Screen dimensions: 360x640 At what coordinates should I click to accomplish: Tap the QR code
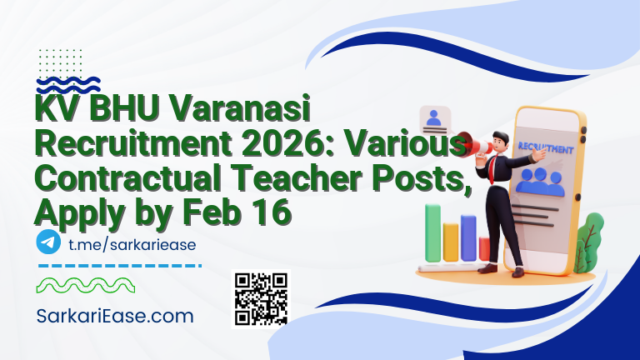click(260, 298)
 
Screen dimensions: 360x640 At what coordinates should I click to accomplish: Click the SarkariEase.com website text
click(114, 316)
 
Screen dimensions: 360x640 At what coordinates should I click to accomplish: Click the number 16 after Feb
click(272, 212)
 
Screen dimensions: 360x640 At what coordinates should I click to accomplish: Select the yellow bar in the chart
click(451, 242)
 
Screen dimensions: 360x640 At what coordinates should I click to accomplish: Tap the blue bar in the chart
click(468, 237)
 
